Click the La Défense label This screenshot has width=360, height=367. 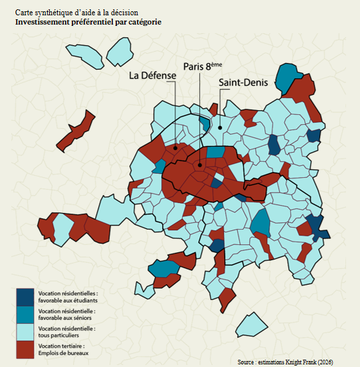[153, 76]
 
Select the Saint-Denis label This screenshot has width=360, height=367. [242, 82]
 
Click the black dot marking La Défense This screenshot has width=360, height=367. [175, 147]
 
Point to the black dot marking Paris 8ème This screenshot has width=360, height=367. [199, 165]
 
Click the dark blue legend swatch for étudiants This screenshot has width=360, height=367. [25, 296]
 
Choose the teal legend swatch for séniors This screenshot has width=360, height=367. [25, 313]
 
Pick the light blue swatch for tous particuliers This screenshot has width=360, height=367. [25, 331]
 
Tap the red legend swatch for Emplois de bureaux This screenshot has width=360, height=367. [25, 349]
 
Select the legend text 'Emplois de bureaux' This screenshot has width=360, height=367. [64, 352]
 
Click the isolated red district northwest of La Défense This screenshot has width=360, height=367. [74, 131]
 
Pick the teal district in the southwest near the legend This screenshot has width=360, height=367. [163, 267]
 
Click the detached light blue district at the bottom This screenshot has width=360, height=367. [250, 325]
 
